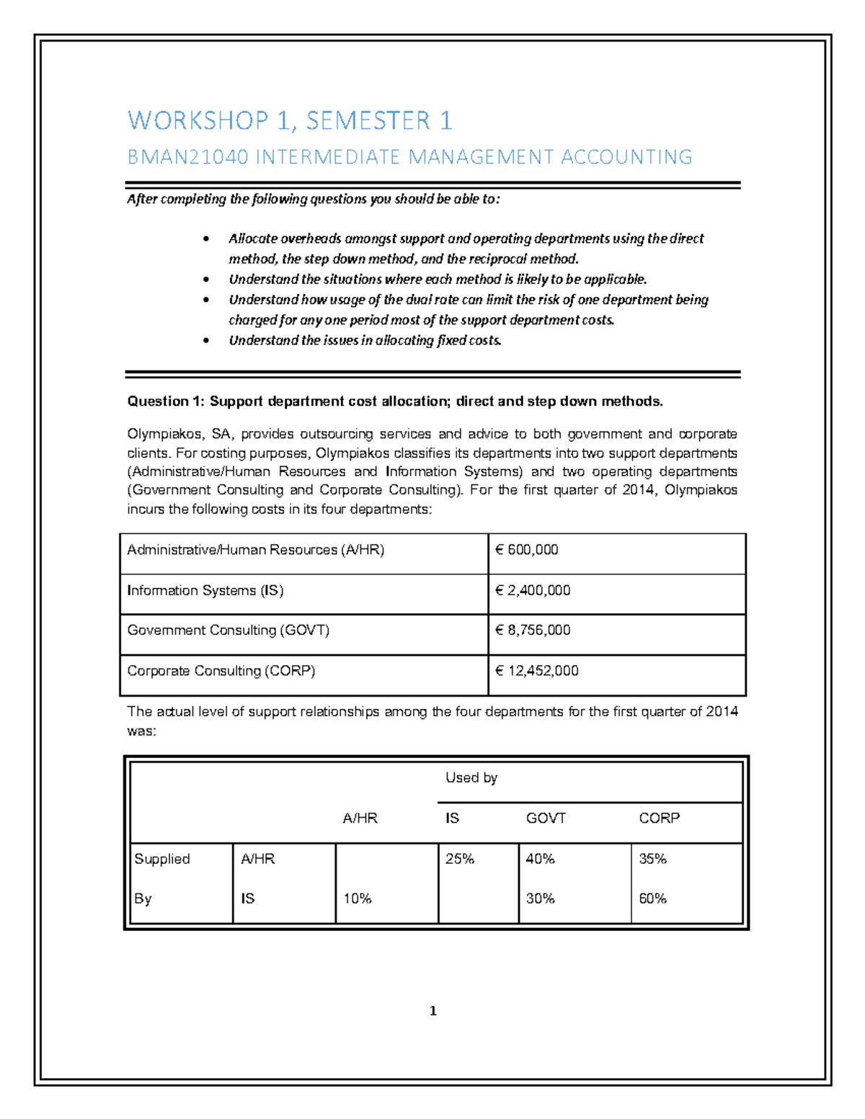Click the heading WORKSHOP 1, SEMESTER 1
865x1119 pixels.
[x=290, y=120]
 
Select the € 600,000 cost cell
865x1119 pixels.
[x=527, y=550]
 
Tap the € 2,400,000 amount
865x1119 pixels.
[x=533, y=590]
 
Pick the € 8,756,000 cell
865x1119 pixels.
[x=533, y=630]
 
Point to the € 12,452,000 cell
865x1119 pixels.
[x=537, y=671]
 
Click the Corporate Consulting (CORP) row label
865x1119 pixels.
[x=221, y=671]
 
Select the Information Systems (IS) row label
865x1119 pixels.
[x=205, y=590]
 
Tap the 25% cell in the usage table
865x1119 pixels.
[x=459, y=859]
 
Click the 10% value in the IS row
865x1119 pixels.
[x=357, y=899]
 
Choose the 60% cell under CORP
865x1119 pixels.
[x=652, y=899]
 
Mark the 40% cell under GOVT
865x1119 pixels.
[x=540, y=859]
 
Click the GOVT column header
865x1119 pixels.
[x=546, y=818]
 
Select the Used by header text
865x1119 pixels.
[x=471, y=777]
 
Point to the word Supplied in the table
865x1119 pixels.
[x=162, y=859]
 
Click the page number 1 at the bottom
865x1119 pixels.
[x=432, y=1011]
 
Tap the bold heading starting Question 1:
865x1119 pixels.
[x=394, y=401]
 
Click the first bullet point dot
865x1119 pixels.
[x=206, y=239]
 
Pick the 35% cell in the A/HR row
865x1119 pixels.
[x=652, y=859]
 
